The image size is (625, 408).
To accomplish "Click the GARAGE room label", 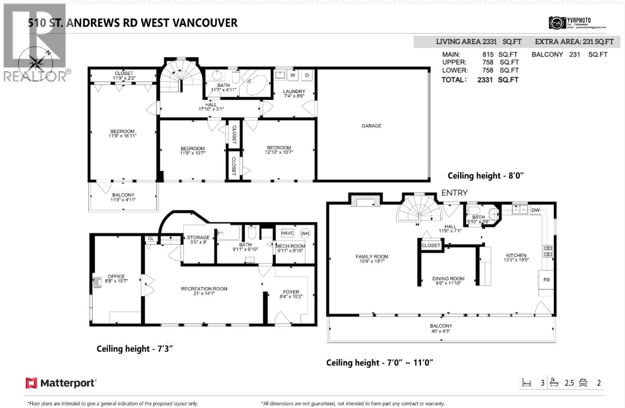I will (x=371, y=126).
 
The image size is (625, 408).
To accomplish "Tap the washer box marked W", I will (x=293, y=75).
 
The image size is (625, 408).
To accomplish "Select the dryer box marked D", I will (x=307, y=75).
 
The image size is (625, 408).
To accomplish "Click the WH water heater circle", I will (x=305, y=233).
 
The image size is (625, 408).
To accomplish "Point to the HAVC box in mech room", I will (x=287, y=233).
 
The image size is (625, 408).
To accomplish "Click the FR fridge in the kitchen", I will (x=546, y=280).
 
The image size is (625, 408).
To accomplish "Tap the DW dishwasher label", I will (x=535, y=210).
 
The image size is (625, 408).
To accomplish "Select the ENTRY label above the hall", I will (x=454, y=193).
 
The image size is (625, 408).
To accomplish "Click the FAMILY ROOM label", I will (x=372, y=257).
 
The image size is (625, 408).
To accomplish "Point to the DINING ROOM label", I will (x=448, y=279).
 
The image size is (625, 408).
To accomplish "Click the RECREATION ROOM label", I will (x=204, y=289).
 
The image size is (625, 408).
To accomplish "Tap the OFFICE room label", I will (x=116, y=276).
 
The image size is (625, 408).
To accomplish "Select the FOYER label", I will (x=291, y=292).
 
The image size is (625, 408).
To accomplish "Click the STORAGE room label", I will (x=198, y=238).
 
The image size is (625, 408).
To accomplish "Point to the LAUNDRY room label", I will (x=294, y=92).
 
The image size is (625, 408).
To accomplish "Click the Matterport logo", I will (x=61, y=383).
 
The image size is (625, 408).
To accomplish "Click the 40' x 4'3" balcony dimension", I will (x=441, y=331).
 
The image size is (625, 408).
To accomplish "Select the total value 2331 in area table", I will (x=484, y=80).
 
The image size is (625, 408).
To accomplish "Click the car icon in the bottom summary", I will (x=583, y=383).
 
